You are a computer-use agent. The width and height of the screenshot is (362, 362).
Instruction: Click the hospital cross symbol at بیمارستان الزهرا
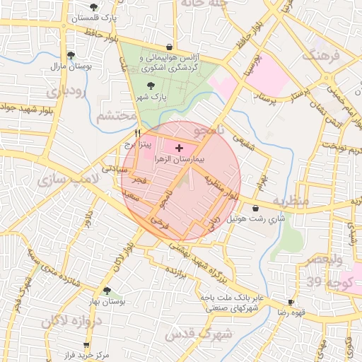[178, 148]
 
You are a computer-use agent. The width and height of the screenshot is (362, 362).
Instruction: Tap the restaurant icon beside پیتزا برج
[138, 132]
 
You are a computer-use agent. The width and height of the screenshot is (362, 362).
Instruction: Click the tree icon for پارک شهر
[149, 86]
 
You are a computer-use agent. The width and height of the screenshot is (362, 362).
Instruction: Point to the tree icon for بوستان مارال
[70, 54]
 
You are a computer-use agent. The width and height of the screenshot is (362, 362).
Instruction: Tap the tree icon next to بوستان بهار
[107, 291]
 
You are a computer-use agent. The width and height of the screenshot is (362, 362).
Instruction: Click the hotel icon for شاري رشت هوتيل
[255, 208]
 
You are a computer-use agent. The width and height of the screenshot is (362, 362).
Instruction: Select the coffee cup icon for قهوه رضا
[291, 302]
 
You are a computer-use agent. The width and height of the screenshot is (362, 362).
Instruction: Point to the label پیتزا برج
[138, 144]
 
